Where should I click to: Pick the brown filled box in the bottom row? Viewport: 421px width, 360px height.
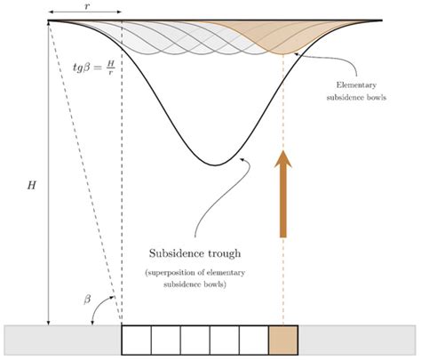pos(282,340)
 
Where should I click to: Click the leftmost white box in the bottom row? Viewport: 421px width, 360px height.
pos(136,340)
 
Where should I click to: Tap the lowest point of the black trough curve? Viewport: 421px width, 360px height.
pos(213,165)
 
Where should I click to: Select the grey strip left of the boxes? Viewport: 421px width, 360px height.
pos(62,340)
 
